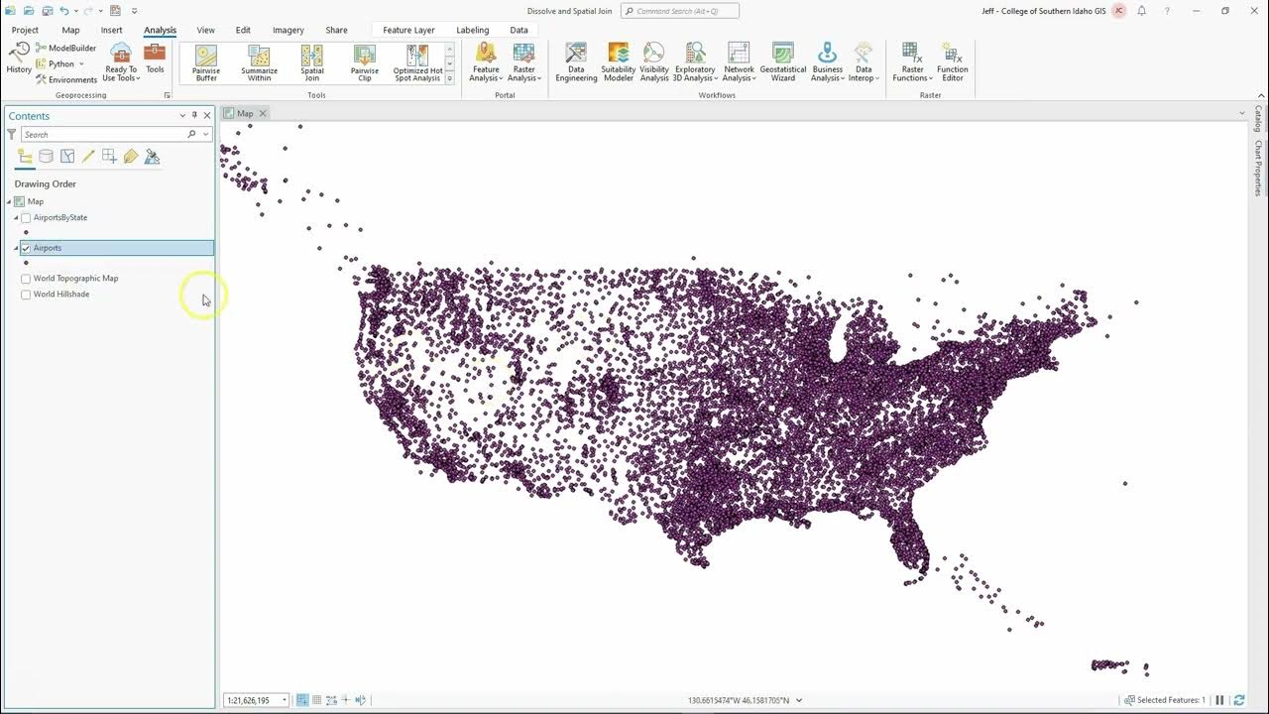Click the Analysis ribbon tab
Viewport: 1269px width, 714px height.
tap(160, 30)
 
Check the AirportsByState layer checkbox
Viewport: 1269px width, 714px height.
tap(26, 217)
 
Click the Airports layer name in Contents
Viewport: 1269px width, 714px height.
tap(48, 248)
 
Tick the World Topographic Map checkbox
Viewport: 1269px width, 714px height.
tap(26, 279)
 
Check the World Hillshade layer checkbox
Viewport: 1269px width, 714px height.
tap(26, 295)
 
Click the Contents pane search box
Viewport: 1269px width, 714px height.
tap(104, 134)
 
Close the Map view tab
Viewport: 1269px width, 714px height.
tap(263, 113)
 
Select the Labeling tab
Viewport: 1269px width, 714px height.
tap(472, 30)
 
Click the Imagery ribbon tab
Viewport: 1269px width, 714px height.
tap(288, 30)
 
